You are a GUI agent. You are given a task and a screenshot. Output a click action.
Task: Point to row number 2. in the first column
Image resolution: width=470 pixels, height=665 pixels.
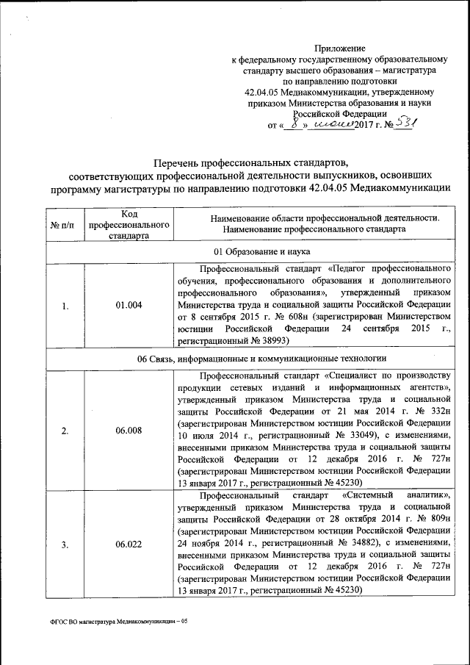pyautogui.click(x=65, y=431)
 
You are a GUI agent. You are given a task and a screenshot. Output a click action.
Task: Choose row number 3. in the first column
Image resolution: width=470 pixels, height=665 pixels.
pyautogui.click(x=65, y=544)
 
